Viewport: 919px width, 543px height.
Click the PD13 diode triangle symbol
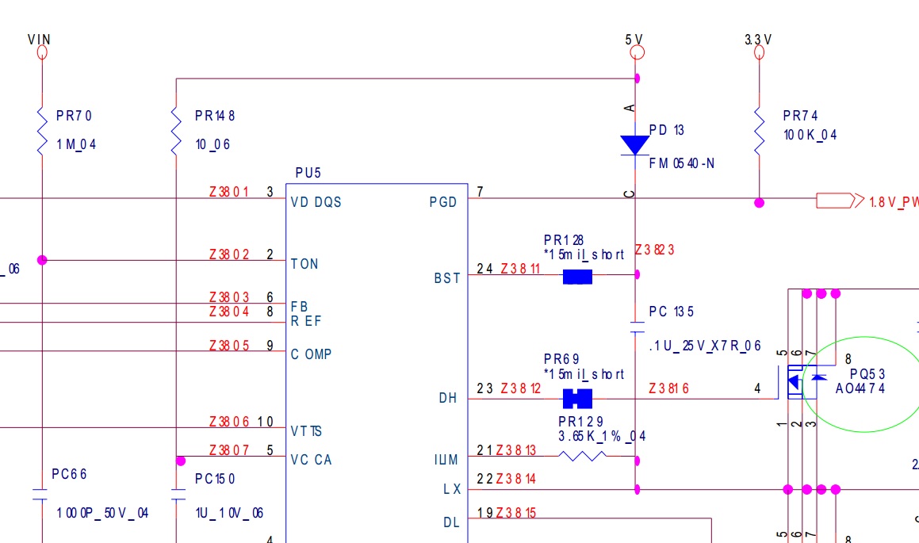pyautogui.click(x=635, y=145)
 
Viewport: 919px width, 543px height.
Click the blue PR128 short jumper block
pyautogui.click(x=577, y=277)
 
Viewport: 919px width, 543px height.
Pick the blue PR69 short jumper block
pyautogui.click(x=577, y=399)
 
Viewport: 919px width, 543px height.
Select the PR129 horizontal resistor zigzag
pyautogui.click(x=583, y=456)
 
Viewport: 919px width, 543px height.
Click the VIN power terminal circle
pyautogui.click(x=42, y=53)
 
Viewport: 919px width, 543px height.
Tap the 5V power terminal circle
pyautogui.click(x=637, y=53)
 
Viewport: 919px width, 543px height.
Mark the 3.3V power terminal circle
pyautogui.click(x=759, y=53)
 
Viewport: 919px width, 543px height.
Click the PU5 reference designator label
pyautogui.click(x=308, y=173)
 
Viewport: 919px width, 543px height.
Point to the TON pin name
pyautogui.click(x=304, y=264)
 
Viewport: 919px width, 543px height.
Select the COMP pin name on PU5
pyautogui.click(x=311, y=354)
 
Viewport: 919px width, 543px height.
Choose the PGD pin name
pyautogui.click(x=443, y=202)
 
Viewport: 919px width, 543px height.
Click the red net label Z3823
pyautogui.click(x=655, y=250)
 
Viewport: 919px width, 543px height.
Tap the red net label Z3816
pyautogui.click(x=668, y=388)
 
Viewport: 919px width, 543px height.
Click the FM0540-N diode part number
pyautogui.click(x=682, y=163)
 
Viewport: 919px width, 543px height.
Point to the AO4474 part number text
pyautogui.click(x=860, y=388)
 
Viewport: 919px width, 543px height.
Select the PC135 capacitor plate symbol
pyautogui.click(x=637, y=327)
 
